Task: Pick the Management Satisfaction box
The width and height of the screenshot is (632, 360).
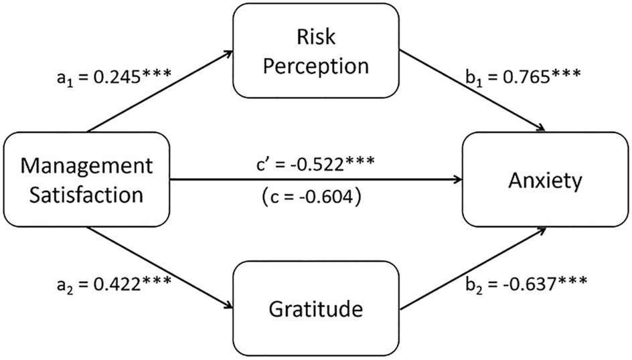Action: (x=86, y=180)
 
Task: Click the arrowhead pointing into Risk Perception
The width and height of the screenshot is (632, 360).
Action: (x=228, y=53)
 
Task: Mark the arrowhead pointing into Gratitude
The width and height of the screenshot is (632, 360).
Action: (x=228, y=306)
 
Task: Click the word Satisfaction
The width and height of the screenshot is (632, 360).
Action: (x=86, y=195)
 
